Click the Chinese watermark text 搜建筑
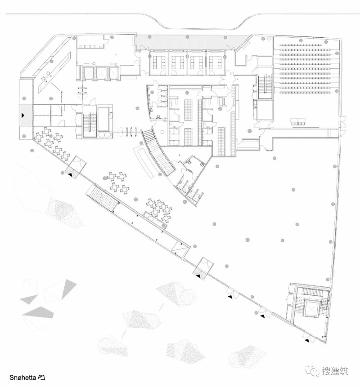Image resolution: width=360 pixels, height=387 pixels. click(x=334, y=371)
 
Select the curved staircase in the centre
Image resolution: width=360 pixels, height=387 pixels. click(x=158, y=153)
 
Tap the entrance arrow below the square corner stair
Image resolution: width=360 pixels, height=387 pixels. click(x=307, y=341)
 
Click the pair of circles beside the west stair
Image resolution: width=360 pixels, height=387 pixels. click(x=105, y=134)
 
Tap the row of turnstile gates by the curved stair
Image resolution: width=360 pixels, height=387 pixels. click(x=131, y=131)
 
